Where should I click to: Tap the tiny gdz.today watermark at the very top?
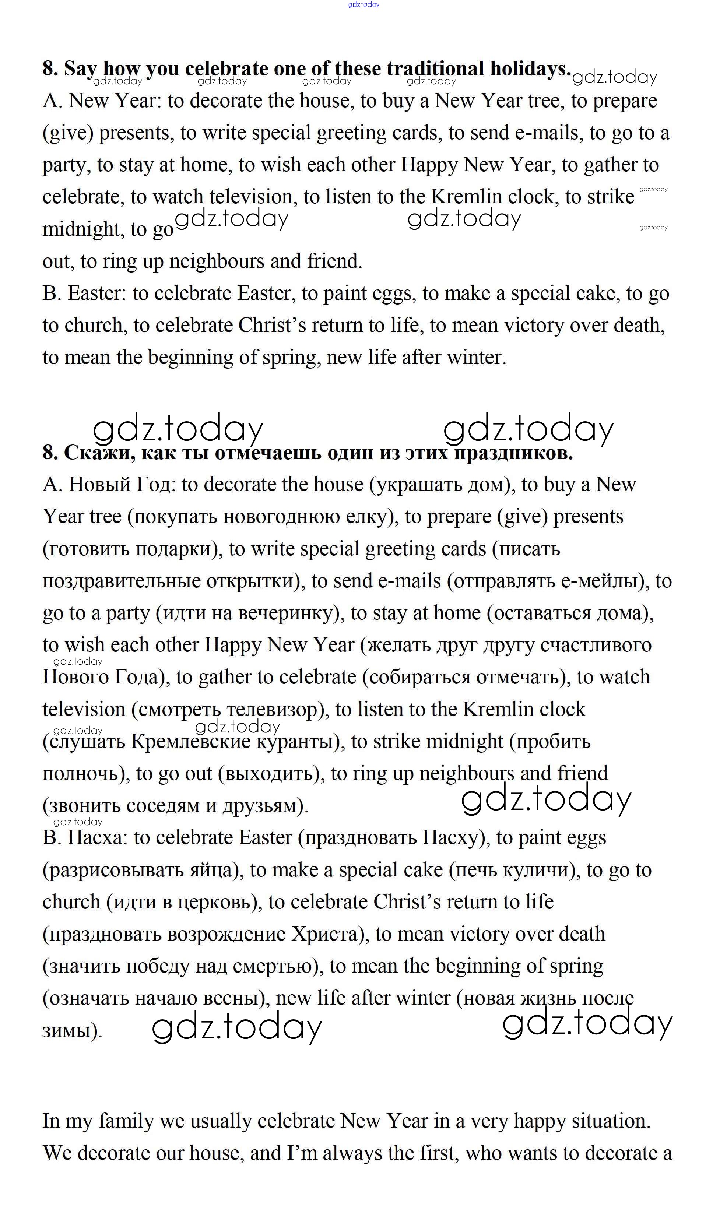click(363, 4)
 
